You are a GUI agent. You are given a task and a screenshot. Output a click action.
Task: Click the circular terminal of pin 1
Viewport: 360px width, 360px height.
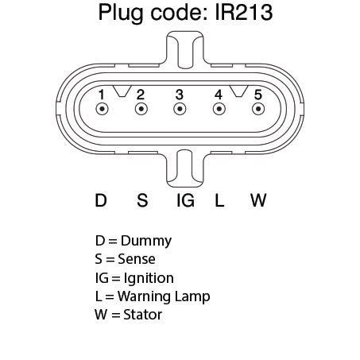tap(102, 109)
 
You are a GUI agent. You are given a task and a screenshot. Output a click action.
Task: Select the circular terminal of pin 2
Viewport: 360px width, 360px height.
tap(141, 109)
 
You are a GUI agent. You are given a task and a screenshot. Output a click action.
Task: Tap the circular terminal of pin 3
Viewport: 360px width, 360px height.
tap(180, 109)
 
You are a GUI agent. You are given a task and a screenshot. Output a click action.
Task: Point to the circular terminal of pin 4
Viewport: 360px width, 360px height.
tap(219, 109)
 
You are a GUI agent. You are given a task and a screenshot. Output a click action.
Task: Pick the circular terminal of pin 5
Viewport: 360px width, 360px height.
tap(258, 109)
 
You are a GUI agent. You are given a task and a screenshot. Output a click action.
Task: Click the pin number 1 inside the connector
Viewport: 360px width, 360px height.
tap(101, 95)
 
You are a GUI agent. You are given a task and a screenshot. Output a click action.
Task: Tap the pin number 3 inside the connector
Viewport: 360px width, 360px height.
tap(180, 95)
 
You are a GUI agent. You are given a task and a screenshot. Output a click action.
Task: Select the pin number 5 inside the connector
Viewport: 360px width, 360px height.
tap(258, 95)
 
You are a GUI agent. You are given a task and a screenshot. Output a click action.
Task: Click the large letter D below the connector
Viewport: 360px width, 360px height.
tap(101, 200)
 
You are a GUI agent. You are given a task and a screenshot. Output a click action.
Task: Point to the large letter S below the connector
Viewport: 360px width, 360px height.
tap(142, 200)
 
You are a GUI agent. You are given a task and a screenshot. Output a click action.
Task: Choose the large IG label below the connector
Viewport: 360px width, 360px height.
tap(185, 200)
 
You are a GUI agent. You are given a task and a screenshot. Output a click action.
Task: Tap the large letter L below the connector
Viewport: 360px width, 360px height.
tap(219, 200)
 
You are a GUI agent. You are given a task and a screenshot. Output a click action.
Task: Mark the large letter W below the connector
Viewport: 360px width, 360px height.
tap(258, 200)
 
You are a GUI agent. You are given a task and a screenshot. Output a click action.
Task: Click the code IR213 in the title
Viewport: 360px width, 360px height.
tap(244, 12)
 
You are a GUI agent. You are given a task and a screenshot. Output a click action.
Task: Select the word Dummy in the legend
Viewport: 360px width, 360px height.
tap(146, 242)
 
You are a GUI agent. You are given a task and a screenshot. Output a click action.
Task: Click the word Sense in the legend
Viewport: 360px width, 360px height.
tap(137, 259)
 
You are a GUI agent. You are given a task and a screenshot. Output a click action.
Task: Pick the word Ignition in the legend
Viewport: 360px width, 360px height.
tap(149, 278)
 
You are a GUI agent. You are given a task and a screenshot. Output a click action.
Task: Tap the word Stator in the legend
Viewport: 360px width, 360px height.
tap(143, 315)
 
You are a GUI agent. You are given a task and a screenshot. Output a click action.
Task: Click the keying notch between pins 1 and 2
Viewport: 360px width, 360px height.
tap(122, 91)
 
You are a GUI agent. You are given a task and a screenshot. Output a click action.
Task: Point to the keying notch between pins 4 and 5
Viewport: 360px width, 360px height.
tap(239, 91)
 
